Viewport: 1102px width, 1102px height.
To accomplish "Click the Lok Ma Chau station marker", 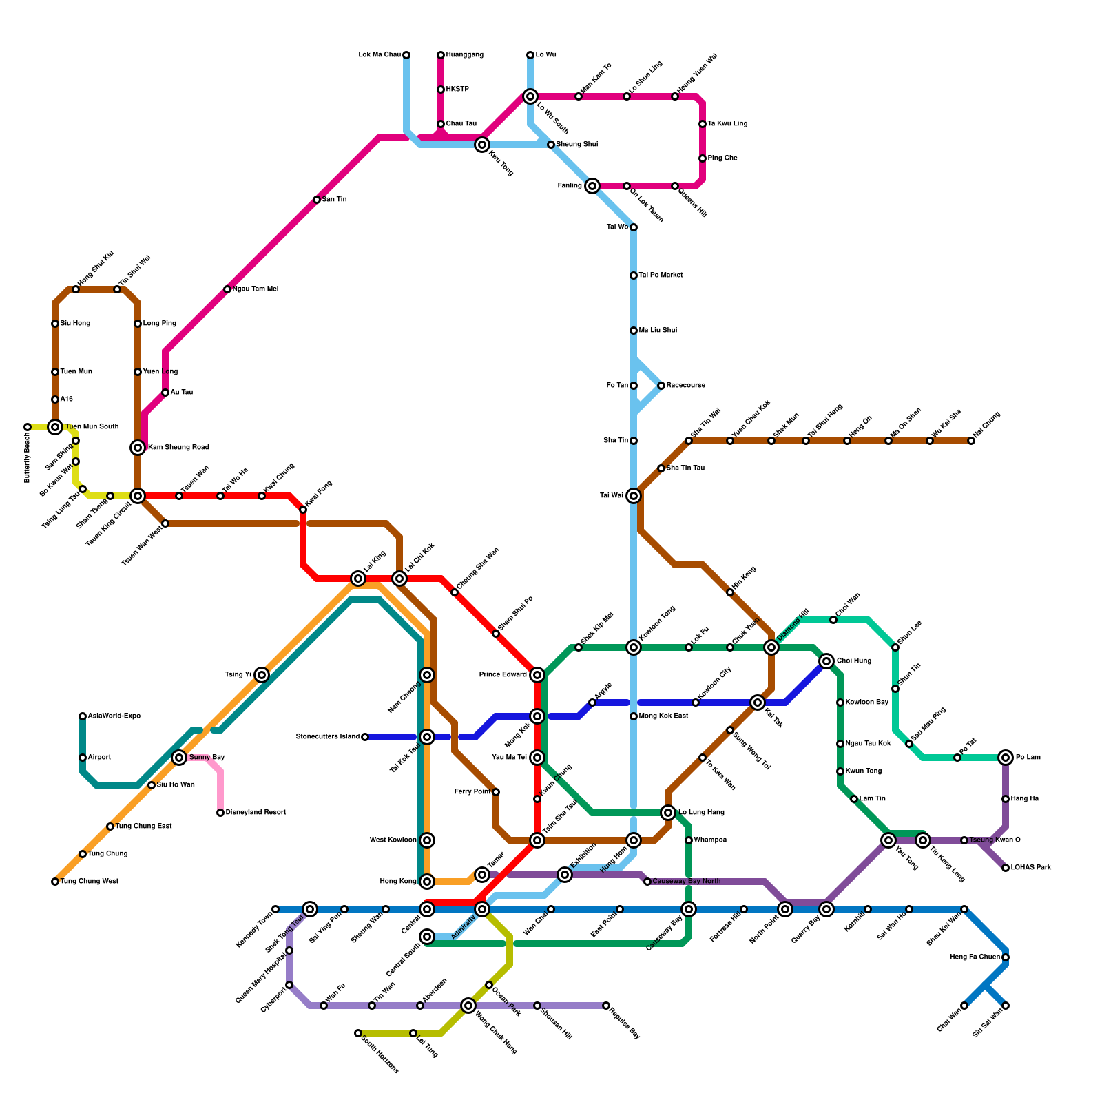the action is tap(406, 55).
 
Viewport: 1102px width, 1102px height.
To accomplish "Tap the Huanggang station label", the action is tap(464, 55).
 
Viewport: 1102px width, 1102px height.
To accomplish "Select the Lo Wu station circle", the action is tap(530, 55).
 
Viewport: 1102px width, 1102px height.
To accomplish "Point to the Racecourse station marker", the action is tap(661, 386).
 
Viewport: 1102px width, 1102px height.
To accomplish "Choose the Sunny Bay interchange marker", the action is tap(179, 758).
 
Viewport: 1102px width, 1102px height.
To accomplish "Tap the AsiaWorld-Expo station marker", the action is tap(83, 716).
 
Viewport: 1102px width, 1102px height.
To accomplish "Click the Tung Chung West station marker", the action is tap(55, 882).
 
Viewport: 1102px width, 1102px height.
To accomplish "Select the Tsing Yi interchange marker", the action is tap(262, 675).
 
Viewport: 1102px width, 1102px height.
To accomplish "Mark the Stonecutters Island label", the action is tap(328, 737).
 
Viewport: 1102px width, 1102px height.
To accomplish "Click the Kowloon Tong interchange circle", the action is tap(634, 647).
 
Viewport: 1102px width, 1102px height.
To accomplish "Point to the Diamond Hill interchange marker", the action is tap(771, 647).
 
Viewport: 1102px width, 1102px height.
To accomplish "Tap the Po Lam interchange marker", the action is tap(1006, 758).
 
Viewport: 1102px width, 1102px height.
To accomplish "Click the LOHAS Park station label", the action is tap(1031, 868).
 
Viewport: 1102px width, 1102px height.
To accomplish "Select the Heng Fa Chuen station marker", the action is tap(1006, 957).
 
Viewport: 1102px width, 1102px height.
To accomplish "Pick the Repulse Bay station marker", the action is tap(606, 1006).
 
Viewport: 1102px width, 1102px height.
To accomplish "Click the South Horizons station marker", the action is tap(358, 1033).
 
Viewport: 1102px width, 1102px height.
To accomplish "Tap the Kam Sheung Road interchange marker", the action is tap(138, 448).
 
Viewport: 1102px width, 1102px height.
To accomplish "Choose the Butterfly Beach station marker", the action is tap(28, 427).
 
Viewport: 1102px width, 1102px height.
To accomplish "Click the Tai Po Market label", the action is tap(661, 275).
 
